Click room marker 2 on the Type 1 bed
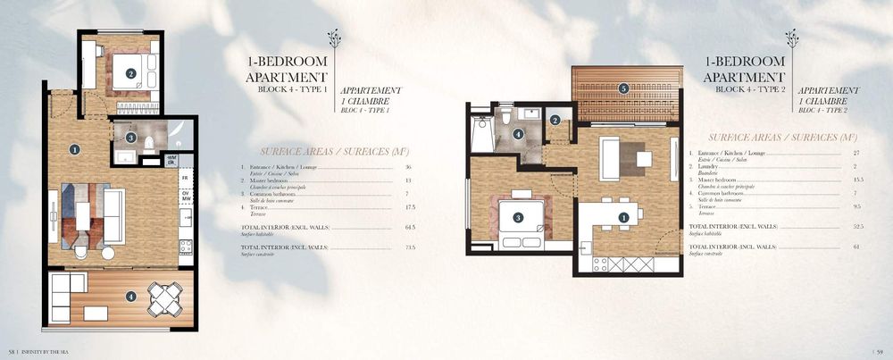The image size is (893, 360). [130, 74]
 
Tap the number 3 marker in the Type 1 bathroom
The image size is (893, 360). [130, 138]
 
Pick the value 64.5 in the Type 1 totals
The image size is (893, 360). [410, 228]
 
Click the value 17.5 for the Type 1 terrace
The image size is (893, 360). [410, 208]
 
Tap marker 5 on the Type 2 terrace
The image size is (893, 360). [623, 88]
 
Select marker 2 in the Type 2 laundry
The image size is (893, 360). [555, 121]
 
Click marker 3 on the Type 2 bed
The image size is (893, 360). [517, 217]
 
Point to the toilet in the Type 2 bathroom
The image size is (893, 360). [505, 115]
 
